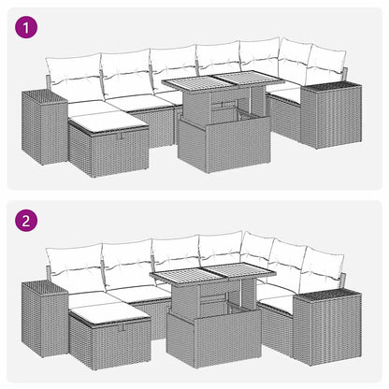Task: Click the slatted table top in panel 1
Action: [x=220, y=87]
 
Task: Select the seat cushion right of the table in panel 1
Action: [x=282, y=93]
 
